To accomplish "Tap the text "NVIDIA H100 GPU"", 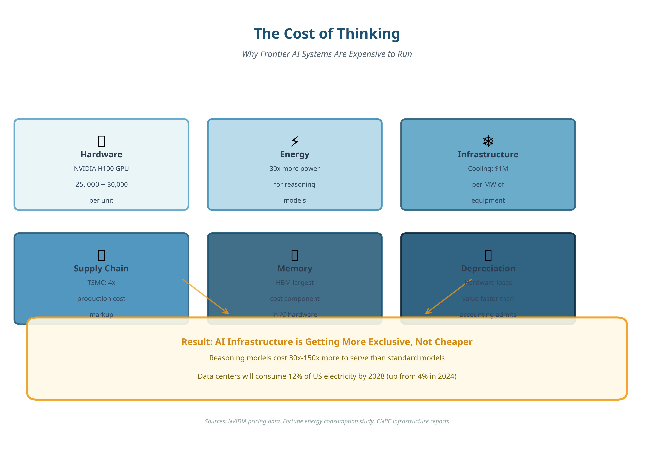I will pos(101,169).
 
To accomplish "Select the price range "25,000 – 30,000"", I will pos(101,185).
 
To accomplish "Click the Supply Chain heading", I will pos(101,269).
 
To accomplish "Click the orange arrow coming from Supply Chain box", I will pos(206,296).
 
